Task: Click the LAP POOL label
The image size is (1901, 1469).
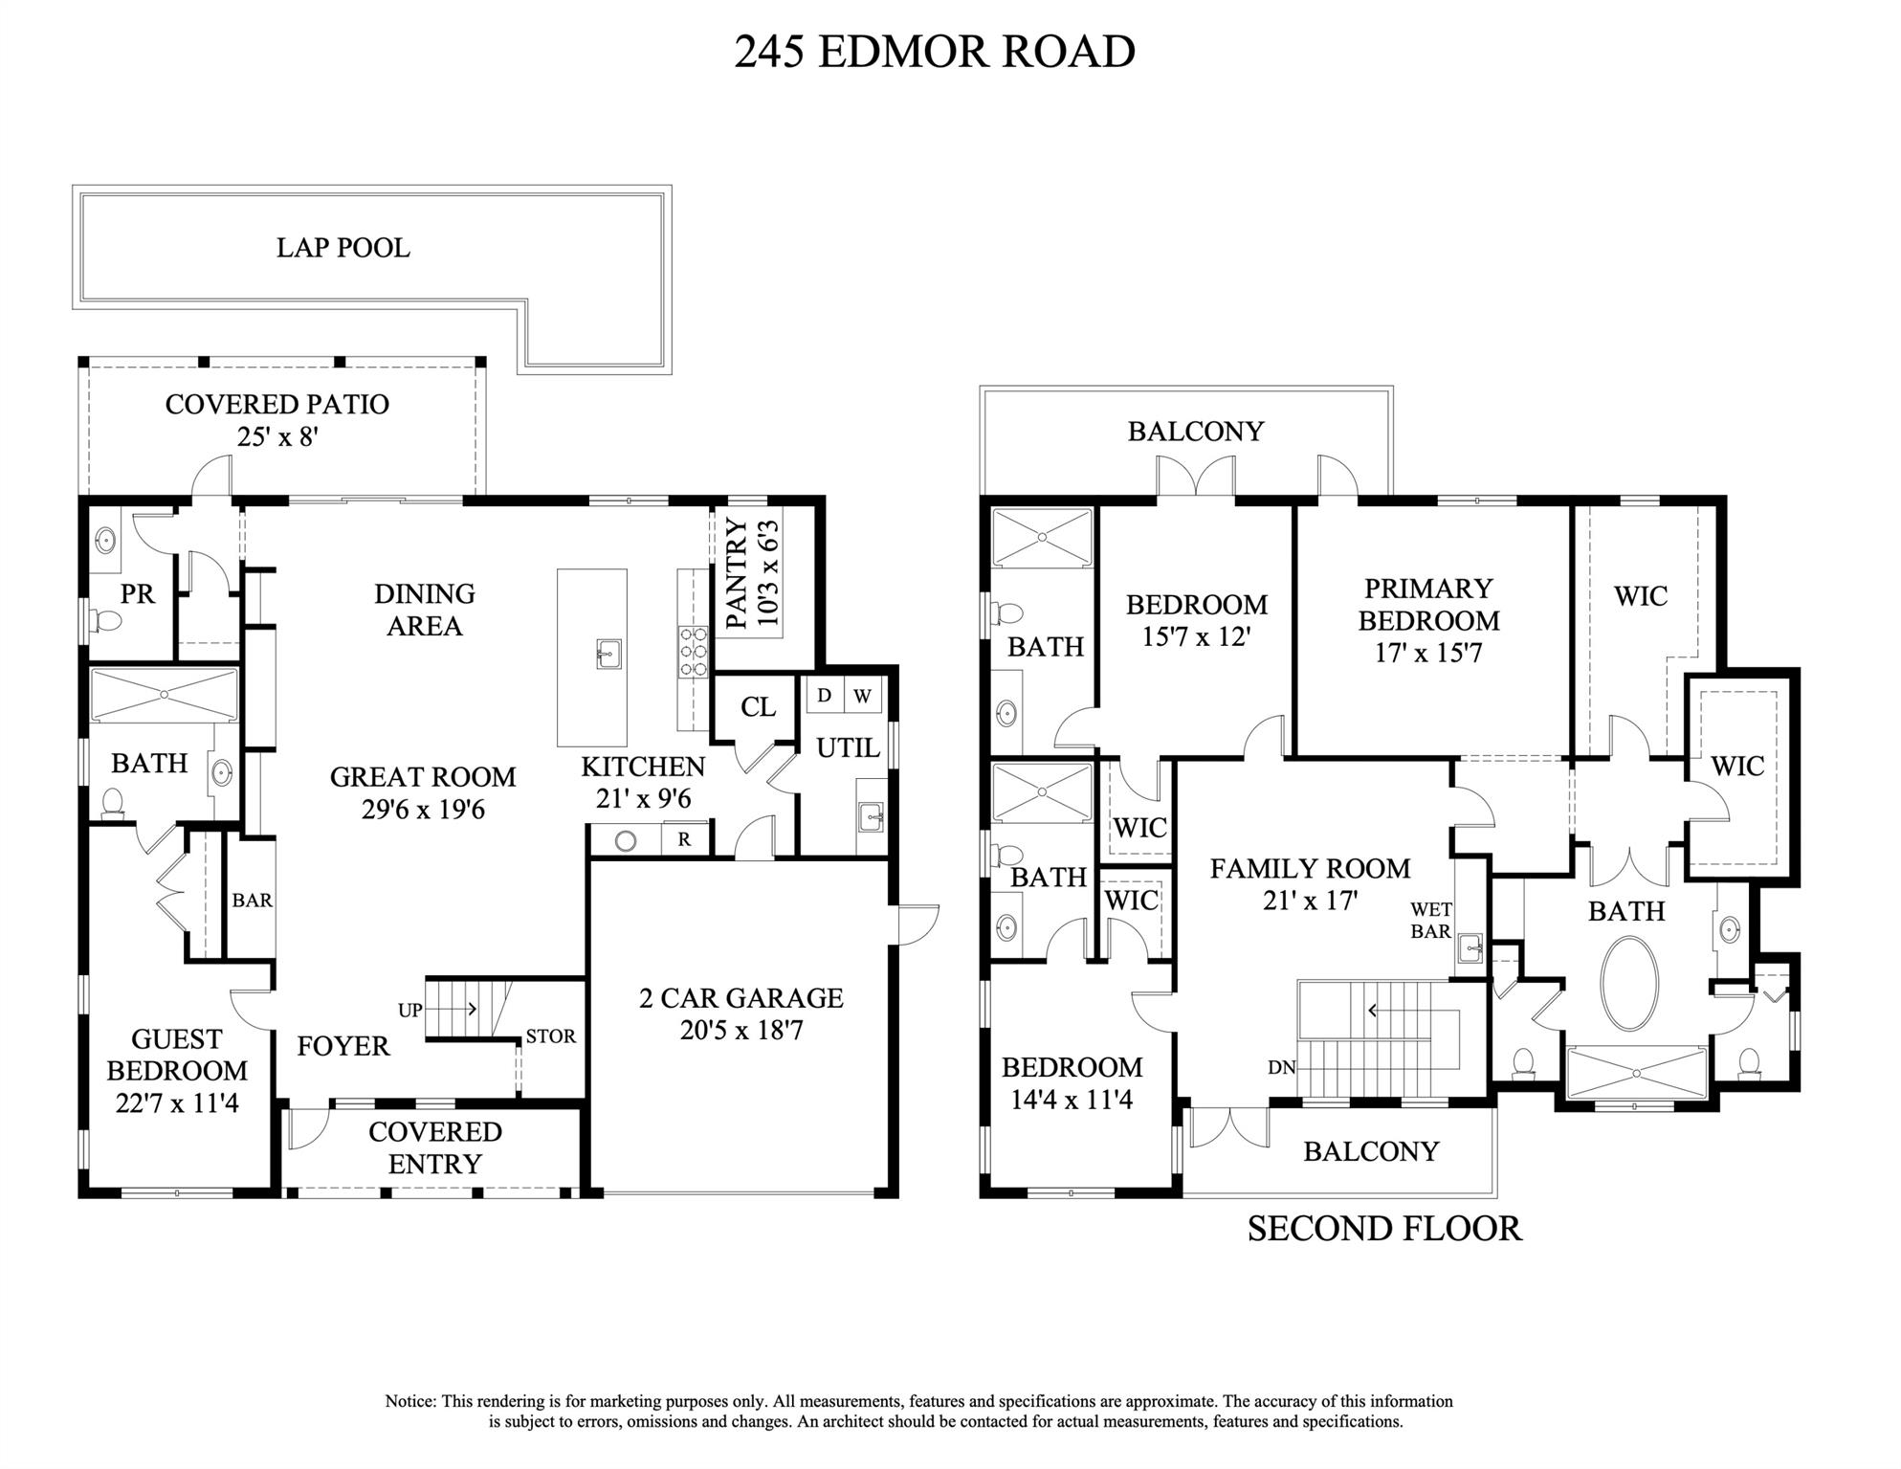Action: coord(343,248)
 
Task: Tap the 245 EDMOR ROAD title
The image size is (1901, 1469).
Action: coord(934,52)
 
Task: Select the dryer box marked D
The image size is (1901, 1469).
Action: coord(824,696)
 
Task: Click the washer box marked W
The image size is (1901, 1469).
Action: coord(862,696)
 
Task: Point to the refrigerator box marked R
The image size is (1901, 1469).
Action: coord(685,840)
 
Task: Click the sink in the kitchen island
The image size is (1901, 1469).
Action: coord(608,654)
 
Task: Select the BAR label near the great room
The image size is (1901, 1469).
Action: coord(252,901)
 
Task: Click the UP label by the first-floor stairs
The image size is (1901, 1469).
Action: coord(409,1010)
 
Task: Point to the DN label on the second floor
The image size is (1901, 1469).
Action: coord(1281,1067)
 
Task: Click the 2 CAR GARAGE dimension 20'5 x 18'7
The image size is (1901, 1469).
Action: coord(741,1031)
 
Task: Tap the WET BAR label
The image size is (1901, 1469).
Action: coord(1430,921)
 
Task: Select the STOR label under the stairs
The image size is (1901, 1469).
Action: coord(550,1036)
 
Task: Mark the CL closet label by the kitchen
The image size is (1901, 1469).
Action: coord(758,707)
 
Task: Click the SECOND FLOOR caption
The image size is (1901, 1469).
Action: coord(1383,1229)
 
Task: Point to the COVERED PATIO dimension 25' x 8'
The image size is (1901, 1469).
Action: coord(277,437)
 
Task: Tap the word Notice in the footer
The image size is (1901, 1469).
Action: coord(410,1401)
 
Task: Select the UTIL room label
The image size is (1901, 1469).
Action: coord(848,747)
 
